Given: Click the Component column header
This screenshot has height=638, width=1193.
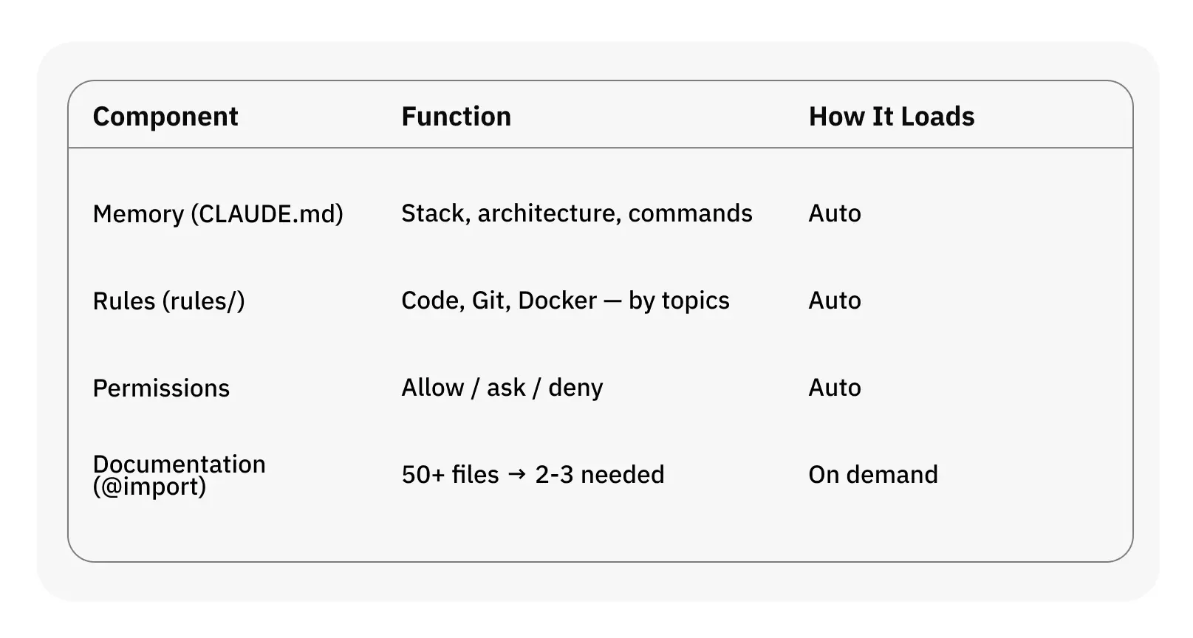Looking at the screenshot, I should pos(165,117).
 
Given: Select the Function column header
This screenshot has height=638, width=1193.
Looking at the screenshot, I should pos(456,117).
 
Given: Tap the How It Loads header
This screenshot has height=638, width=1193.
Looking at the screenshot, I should pos(891,117).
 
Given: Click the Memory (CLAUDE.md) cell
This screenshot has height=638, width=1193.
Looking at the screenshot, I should pos(218,214).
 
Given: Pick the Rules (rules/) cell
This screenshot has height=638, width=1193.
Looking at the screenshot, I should pos(168,301).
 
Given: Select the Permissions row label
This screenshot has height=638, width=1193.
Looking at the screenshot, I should pos(161,388).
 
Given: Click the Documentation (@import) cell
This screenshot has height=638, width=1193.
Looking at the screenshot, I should pos(179,475).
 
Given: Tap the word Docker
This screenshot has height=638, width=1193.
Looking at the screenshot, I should pos(557,301).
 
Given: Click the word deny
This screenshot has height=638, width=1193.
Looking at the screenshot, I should pos(575,388).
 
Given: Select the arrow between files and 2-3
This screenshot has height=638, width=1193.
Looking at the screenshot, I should pos(517,474).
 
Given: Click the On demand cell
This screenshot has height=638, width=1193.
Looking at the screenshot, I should pos(872,474).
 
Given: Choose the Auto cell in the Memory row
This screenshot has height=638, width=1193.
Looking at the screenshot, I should pos(834,213).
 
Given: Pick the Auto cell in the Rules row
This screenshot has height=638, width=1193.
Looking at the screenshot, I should pos(834,301).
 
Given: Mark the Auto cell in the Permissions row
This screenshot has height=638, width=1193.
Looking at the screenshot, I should pos(834,388).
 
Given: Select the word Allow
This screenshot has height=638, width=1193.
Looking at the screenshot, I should pos(433,388).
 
